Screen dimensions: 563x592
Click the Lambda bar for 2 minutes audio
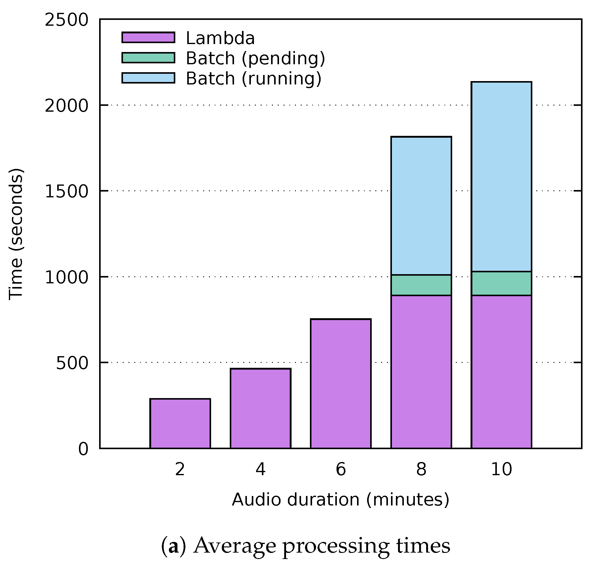coord(180,423)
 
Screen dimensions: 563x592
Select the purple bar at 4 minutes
coord(260,408)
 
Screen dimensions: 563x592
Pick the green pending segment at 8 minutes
coord(421,285)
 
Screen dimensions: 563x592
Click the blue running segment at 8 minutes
coord(421,206)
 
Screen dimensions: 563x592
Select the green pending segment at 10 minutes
coord(501,283)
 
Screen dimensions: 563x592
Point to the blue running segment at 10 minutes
coord(501,177)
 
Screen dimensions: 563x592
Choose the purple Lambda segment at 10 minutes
coord(501,371)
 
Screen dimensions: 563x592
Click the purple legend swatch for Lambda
coord(148,37)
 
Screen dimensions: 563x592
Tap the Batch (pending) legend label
coord(255,58)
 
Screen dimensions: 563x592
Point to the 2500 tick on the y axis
coord(66,20)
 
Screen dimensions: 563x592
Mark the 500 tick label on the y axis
coord(72,364)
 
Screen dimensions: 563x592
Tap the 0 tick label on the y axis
coord(83,449)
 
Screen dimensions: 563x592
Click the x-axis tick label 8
coord(421,469)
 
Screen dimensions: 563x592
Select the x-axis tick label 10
coord(501,469)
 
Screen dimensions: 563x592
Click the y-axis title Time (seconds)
coord(16,234)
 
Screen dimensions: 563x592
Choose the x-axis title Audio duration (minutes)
coord(340,500)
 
